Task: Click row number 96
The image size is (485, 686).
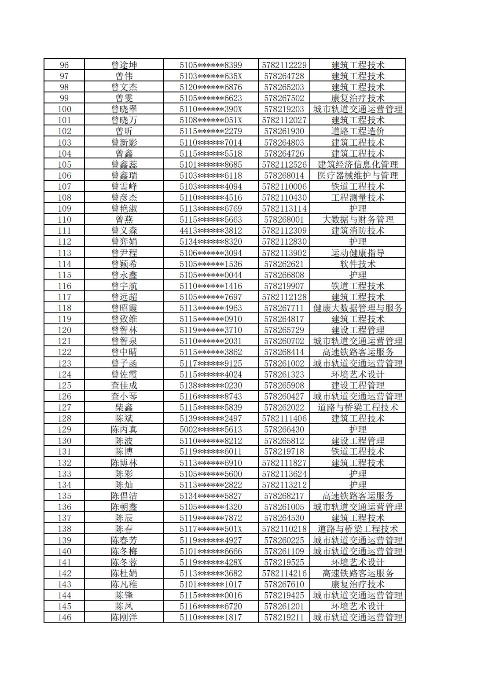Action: [x=64, y=65]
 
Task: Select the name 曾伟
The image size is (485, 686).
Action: [x=124, y=76]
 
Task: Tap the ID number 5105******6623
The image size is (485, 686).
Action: [x=211, y=98]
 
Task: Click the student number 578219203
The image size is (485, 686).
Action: [x=284, y=109]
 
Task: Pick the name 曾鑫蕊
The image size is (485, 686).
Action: [x=124, y=165]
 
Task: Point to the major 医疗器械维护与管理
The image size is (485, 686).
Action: [x=357, y=176]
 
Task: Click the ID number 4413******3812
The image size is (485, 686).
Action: [x=211, y=231]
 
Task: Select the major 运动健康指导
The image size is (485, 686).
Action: [x=357, y=253]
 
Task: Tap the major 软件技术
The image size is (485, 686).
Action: [x=357, y=264]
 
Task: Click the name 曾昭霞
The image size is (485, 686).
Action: [x=124, y=308]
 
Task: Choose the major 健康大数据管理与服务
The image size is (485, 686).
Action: [x=357, y=308]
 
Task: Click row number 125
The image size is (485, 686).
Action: [x=64, y=385]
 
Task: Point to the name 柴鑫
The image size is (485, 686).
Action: [x=124, y=407]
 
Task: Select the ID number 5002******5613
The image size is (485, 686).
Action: [x=211, y=429]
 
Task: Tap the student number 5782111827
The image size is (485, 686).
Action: [x=284, y=463]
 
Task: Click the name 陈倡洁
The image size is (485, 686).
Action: [x=124, y=496]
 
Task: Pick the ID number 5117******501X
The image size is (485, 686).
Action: [x=211, y=529]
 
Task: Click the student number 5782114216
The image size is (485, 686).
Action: [x=284, y=573]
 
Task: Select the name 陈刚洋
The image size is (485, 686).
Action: [x=124, y=617]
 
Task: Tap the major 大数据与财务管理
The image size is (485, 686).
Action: [x=357, y=220]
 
